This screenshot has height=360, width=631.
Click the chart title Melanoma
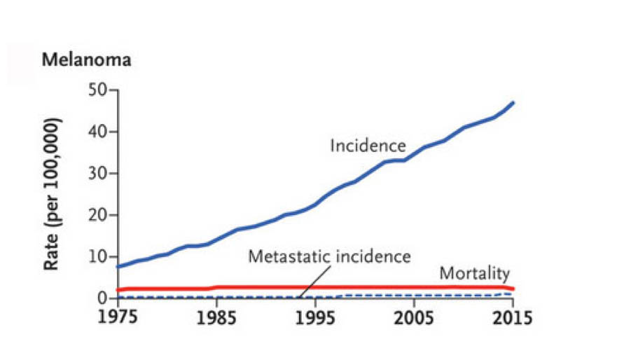point(86,60)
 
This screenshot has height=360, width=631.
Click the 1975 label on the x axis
point(117,317)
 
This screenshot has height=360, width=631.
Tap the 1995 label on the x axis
point(316,317)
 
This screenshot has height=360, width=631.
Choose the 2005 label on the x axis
point(415,317)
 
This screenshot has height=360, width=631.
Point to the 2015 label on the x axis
point(511,317)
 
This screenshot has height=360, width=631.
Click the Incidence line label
point(368,146)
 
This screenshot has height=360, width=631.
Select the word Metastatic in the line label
point(287,256)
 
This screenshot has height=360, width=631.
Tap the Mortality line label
point(474,273)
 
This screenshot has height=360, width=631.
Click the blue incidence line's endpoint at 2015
point(514,103)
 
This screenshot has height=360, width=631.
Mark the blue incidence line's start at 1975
point(118,267)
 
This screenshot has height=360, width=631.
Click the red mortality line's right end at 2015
point(513,289)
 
